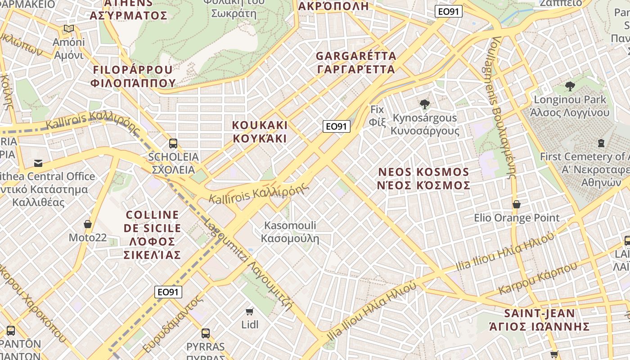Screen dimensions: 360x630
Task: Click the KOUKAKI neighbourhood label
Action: click(260, 131)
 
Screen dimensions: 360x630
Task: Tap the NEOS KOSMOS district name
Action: click(424, 179)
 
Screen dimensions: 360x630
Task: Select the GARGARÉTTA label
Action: click(355, 63)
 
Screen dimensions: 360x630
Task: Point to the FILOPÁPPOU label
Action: click(133, 76)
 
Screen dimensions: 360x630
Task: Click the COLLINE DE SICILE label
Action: click(152, 234)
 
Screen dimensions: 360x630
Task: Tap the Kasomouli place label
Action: click(290, 232)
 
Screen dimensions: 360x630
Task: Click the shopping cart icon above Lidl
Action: click(250, 311)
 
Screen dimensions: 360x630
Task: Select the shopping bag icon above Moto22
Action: click(88, 224)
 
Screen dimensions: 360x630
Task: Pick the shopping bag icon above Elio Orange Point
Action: click(517, 204)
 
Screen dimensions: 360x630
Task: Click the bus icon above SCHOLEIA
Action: click(173, 144)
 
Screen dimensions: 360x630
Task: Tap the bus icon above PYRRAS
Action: click(206, 333)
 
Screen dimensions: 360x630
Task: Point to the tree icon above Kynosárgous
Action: click(424, 104)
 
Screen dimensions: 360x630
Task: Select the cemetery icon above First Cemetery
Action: click(601, 143)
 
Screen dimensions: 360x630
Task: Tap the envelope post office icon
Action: click(38, 163)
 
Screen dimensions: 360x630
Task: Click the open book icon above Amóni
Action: click(69, 29)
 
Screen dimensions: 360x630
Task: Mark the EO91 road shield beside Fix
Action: click(336, 126)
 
